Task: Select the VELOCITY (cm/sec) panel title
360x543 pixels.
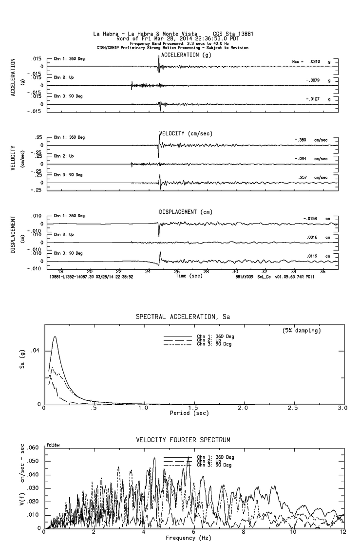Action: coord(186,133)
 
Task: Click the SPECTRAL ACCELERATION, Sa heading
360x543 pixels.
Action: coord(183,317)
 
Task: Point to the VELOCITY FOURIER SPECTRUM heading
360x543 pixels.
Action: coord(183,440)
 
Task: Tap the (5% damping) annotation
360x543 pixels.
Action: coord(302,331)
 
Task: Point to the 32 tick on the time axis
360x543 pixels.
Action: coord(265,272)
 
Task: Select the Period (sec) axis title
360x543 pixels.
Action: coord(189,413)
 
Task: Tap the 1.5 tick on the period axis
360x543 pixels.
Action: coord(193,408)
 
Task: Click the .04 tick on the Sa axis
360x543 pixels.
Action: coord(36,351)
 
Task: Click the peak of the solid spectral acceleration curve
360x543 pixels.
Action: coord(55,337)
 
